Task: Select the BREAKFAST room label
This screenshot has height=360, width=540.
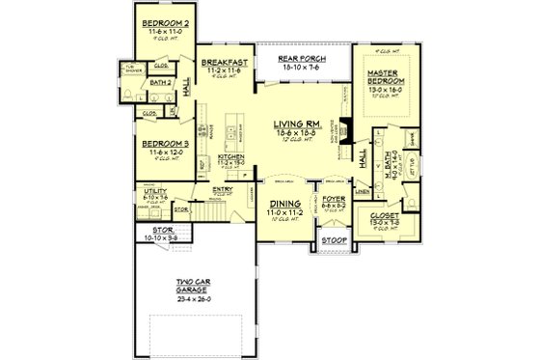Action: [x=227, y=62]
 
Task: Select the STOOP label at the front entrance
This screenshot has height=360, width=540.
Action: [x=333, y=238]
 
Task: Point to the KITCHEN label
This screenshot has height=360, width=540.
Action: [x=229, y=156]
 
